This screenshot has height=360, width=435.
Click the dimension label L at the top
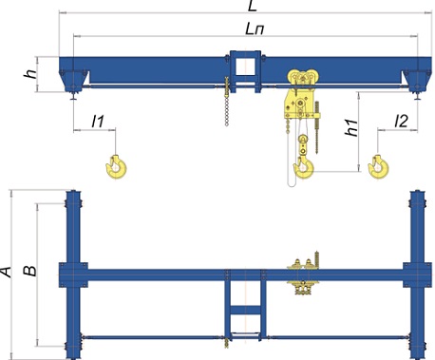point(253,6)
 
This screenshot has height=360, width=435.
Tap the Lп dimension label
point(255,29)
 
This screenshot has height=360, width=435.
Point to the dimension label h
point(30,74)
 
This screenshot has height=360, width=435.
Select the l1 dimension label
point(98,122)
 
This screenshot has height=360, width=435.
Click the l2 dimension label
point(402,122)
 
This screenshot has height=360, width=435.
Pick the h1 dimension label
point(351,128)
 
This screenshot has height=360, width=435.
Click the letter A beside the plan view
point(6,273)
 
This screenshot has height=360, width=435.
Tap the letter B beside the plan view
point(30,271)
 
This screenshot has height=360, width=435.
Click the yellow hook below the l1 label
point(117,167)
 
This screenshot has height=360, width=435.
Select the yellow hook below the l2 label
point(378,167)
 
